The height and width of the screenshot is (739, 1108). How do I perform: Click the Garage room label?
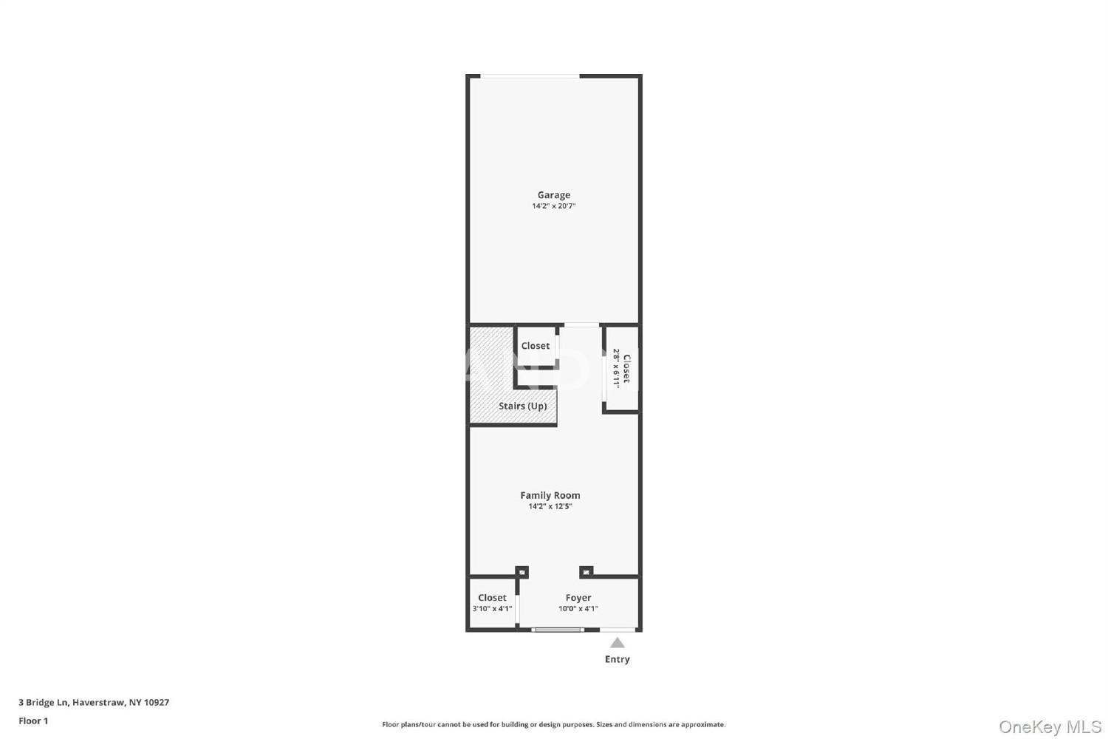553,194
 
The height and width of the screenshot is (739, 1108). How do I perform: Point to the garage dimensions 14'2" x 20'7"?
553,206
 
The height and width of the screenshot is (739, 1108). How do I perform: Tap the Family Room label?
550,495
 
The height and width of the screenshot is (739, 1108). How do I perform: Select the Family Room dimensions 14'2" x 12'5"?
550,506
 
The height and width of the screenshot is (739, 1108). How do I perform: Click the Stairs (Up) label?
522,406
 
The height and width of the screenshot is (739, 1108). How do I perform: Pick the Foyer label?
578,597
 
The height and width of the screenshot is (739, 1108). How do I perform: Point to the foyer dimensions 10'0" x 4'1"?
578,608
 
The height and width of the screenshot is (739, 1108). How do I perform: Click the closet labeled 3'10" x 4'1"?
492,602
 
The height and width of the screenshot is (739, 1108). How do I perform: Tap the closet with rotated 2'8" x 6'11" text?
622,368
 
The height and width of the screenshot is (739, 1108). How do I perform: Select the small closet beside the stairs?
536,346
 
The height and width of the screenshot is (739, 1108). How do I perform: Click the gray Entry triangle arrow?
617,642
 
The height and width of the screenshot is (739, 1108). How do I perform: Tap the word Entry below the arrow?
617,658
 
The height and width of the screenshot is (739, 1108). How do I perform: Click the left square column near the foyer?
521,572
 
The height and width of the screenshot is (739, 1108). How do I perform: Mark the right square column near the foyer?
587,572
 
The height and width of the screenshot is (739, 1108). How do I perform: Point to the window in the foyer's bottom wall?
558,630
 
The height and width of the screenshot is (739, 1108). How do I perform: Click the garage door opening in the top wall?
530,75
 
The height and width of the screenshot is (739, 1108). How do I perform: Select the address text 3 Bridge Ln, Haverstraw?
72,702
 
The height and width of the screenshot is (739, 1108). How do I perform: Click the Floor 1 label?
33,721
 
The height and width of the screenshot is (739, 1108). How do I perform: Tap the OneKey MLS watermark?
1050,726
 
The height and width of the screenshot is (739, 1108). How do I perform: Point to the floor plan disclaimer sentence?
553,724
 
